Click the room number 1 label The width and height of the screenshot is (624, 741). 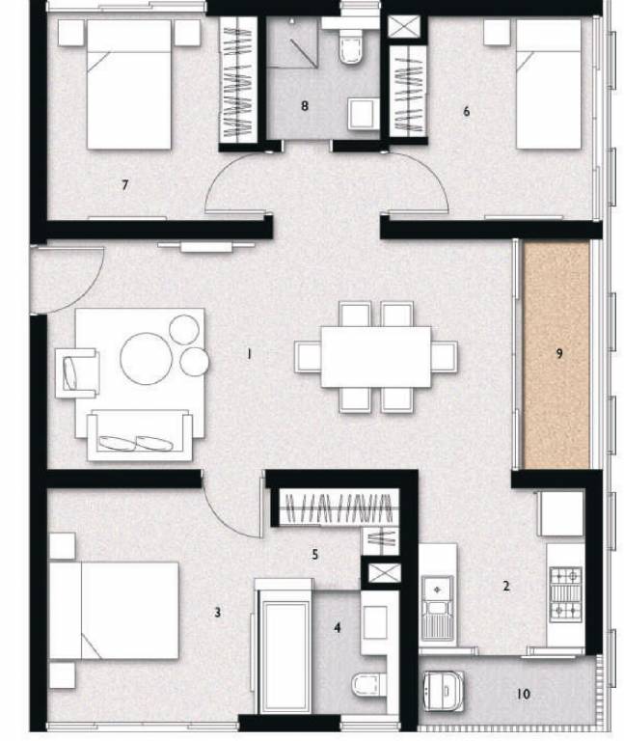[249, 354]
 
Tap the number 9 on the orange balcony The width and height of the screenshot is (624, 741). [559, 353]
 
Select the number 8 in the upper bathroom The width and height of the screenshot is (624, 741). [305, 106]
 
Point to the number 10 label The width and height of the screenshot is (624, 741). [524, 694]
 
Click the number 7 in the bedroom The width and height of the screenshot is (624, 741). [124, 184]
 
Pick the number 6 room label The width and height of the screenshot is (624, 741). [467, 111]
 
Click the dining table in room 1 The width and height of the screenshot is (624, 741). [376, 356]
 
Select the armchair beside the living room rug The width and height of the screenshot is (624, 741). [77, 372]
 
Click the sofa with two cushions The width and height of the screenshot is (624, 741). [138, 436]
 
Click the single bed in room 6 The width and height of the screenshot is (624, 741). [548, 87]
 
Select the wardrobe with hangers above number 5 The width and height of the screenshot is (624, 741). [338, 508]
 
